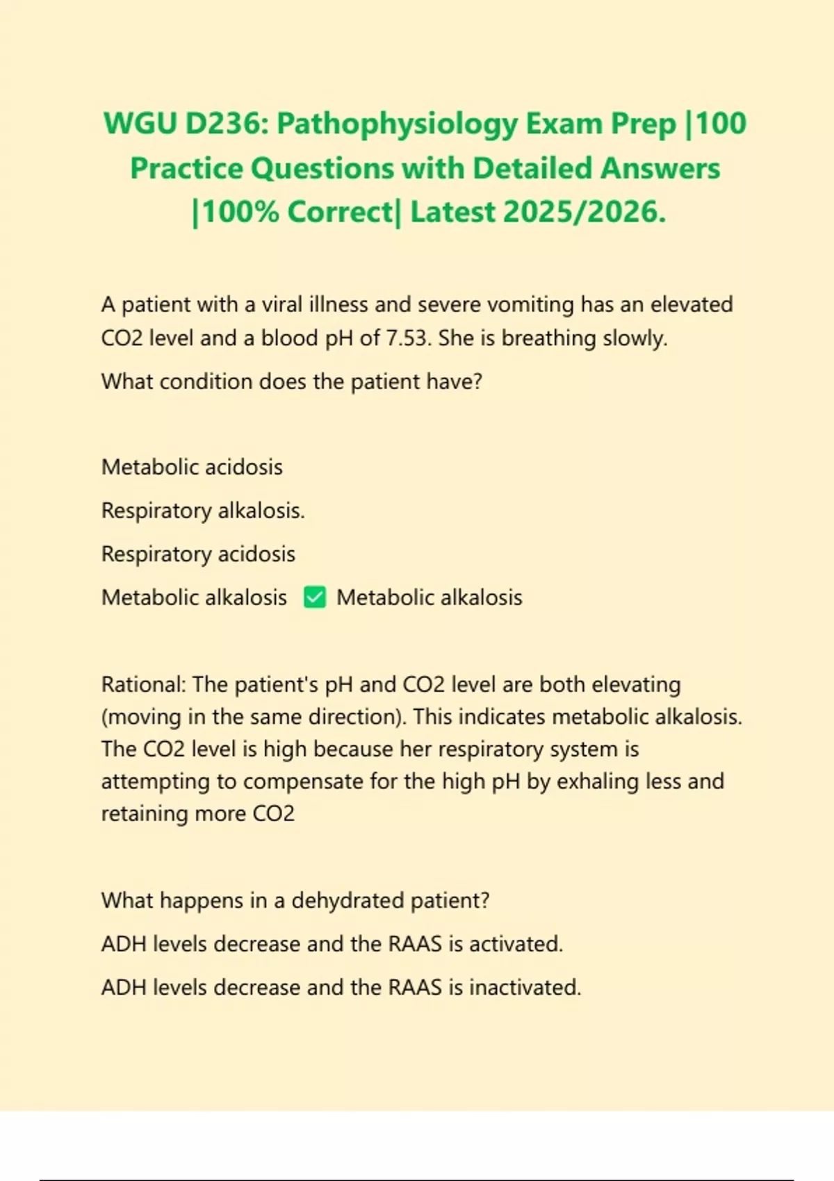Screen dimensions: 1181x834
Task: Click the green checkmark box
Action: (x=315, y=597)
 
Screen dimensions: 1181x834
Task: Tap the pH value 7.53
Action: (x=407, y=338)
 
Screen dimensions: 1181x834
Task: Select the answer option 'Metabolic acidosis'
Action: (x=192, y=467)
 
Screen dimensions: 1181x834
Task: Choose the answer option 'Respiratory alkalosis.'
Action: (x=203, y=511)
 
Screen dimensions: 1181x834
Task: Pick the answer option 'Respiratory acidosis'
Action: (x=198, y=554)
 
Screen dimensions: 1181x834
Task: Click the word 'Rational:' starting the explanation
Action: (x=144, y=684)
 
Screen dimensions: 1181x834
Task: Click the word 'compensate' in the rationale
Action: (x=303, y=782)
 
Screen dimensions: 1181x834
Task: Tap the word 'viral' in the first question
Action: (x=281, y=305)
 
